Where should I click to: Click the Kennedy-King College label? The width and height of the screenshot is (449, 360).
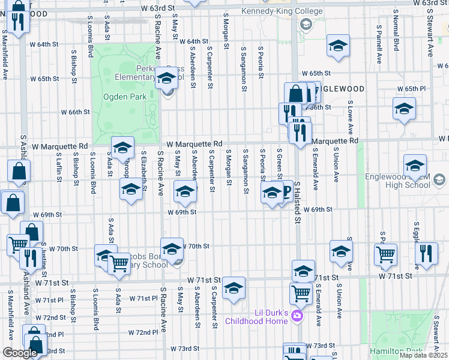coord(281,11)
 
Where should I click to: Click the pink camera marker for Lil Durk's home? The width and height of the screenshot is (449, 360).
coord(295,316)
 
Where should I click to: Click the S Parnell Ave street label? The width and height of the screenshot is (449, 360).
coord(379,44)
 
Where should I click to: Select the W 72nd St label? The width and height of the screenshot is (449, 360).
coord(50,317)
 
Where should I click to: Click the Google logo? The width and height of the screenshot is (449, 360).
coord(20,353)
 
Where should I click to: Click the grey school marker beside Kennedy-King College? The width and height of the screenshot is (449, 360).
coord(306,25)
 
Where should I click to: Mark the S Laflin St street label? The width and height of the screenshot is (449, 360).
coord(59,166)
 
